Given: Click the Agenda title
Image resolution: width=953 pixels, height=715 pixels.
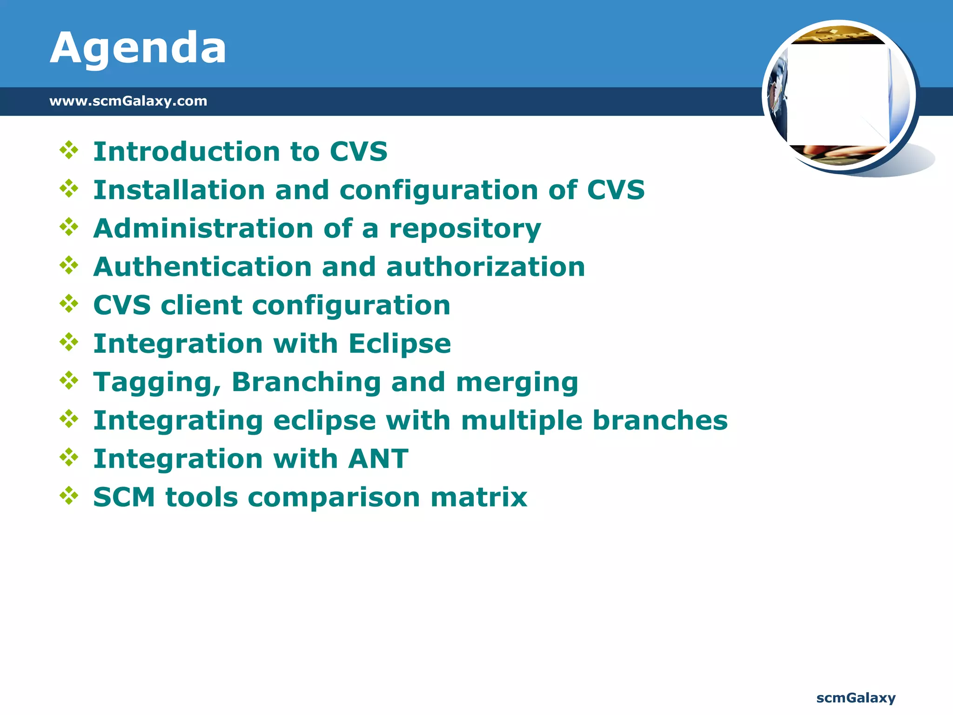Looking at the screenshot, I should tap(138, 48).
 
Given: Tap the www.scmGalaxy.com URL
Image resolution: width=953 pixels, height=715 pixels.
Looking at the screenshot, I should tap(128, 101).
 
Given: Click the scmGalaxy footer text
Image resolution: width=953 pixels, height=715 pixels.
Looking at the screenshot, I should tap(856, 697).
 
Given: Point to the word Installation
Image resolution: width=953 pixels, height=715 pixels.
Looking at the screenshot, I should tap(179, 190).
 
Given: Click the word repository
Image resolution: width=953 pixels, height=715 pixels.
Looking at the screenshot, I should tap(465, 229).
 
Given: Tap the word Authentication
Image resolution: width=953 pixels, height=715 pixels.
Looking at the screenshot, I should tap(202, 267).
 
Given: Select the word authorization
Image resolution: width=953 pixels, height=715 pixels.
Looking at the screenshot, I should tap(485, 267).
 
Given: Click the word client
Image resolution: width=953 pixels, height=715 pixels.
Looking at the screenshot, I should tap(201, 305).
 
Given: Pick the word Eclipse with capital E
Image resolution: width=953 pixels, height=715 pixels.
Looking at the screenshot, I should tap(400, 344).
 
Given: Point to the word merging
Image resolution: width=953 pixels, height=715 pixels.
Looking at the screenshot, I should tap(517, 383).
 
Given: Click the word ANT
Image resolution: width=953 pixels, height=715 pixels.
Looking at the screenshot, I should tap(378, 459).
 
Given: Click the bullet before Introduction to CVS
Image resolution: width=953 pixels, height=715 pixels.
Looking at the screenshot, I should tap(69, 150).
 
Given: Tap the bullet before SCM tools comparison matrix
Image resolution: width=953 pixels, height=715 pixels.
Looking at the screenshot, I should tap(69, 496).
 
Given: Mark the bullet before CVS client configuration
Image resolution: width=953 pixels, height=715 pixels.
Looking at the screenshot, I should tap(69, 304).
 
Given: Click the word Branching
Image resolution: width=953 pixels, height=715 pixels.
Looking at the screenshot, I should tap(306, 382).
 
